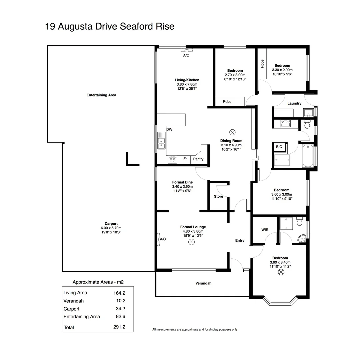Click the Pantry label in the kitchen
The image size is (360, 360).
(198, 159)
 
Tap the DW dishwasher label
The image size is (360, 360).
(169, 130)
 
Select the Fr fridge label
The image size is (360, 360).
(185, 159)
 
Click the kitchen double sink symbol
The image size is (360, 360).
(162, 140)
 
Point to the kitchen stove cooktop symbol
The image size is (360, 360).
(172, 160)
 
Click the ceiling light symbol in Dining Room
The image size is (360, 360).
(232, 132)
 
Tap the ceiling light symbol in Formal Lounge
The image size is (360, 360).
(191, 242)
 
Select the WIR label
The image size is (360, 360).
(265, 230)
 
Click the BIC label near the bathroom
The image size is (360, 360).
(279, 147)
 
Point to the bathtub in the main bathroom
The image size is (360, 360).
(307, 156)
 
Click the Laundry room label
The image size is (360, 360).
(294, 103)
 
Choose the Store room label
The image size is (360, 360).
(218, 197)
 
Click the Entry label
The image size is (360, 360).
(240, 241)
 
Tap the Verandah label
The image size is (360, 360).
(203, 283)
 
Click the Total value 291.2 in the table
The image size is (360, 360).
(119, 327)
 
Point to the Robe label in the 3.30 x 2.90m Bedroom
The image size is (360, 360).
(262, 63)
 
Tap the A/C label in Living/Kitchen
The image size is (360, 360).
(186, 55)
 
